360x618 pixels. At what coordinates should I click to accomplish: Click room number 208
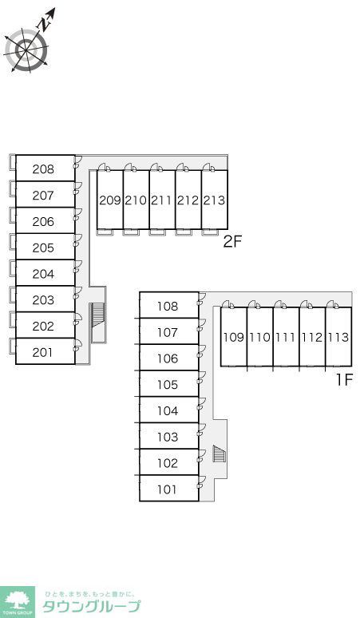43,169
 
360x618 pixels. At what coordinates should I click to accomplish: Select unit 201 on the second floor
42,352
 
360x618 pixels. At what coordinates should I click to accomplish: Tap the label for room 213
214,200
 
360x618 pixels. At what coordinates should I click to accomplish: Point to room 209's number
110,200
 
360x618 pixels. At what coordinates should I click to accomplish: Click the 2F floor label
232,241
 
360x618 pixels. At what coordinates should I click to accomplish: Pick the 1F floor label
343,379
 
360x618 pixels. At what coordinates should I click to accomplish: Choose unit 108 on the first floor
168,306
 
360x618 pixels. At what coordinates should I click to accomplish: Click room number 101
167,489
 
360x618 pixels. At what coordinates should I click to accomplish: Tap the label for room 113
338,337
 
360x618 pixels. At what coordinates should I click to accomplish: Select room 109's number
234,337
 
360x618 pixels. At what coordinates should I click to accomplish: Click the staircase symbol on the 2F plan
97,315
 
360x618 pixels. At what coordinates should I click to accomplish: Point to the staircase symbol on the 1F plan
219,453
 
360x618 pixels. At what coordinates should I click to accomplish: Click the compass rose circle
26,50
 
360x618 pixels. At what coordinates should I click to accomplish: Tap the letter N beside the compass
45,25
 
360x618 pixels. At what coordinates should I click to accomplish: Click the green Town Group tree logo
18,602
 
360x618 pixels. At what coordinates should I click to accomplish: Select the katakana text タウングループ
91,606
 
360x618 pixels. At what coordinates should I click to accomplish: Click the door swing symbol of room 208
78,160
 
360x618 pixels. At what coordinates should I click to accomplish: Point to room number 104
168,410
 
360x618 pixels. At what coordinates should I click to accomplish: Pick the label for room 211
162,200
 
